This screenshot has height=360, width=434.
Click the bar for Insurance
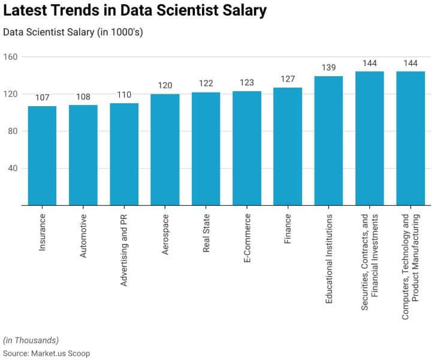click(42, 155)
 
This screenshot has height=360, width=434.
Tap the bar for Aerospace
click(165, 149)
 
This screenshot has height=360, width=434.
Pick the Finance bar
click(288, 146)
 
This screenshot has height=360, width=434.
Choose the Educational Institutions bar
click(328, 140)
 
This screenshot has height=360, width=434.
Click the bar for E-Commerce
click(247, 148)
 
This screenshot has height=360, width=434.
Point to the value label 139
click(328, 68)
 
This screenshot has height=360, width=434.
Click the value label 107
click(42, 98)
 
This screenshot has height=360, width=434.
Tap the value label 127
click(288, 79)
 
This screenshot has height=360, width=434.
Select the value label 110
click(124, 95)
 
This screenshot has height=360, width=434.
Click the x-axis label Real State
click(206, 232)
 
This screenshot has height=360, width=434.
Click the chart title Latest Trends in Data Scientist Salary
click(135, 11)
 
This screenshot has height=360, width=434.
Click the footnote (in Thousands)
click(31, 340)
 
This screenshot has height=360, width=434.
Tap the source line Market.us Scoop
click(46, 353)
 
